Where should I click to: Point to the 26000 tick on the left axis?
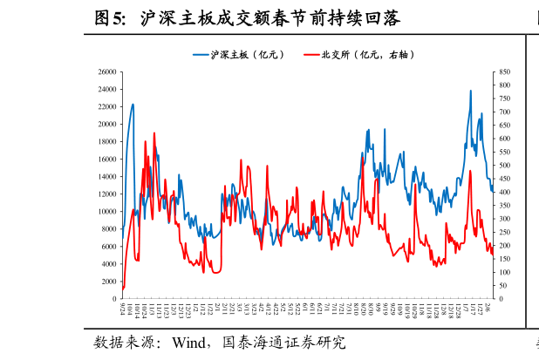tap(107, 71)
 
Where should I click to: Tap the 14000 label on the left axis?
tap(107, 177)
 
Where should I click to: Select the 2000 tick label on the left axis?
tap(110, 282)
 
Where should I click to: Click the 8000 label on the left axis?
tap(110, 229)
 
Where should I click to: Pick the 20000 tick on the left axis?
tap(107, 124)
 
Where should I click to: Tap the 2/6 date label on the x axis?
tap(490, 309)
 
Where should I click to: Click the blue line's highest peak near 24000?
tap(471, 91)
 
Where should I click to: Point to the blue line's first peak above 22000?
tap(133, 105)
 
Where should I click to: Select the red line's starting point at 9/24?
tap(122, 289)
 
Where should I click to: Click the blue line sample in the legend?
tap(201, 55)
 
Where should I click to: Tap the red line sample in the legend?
tap(311, 55)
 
